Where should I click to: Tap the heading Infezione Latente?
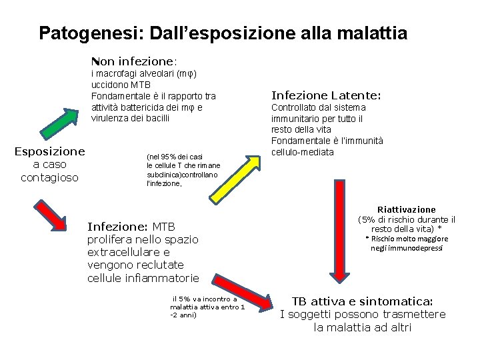coord(325,95)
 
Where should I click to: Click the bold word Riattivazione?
coord(406,209)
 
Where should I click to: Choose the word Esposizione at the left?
coord(49,151)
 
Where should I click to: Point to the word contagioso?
coord(49,177)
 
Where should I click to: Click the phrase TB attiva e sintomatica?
coord(363,301)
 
